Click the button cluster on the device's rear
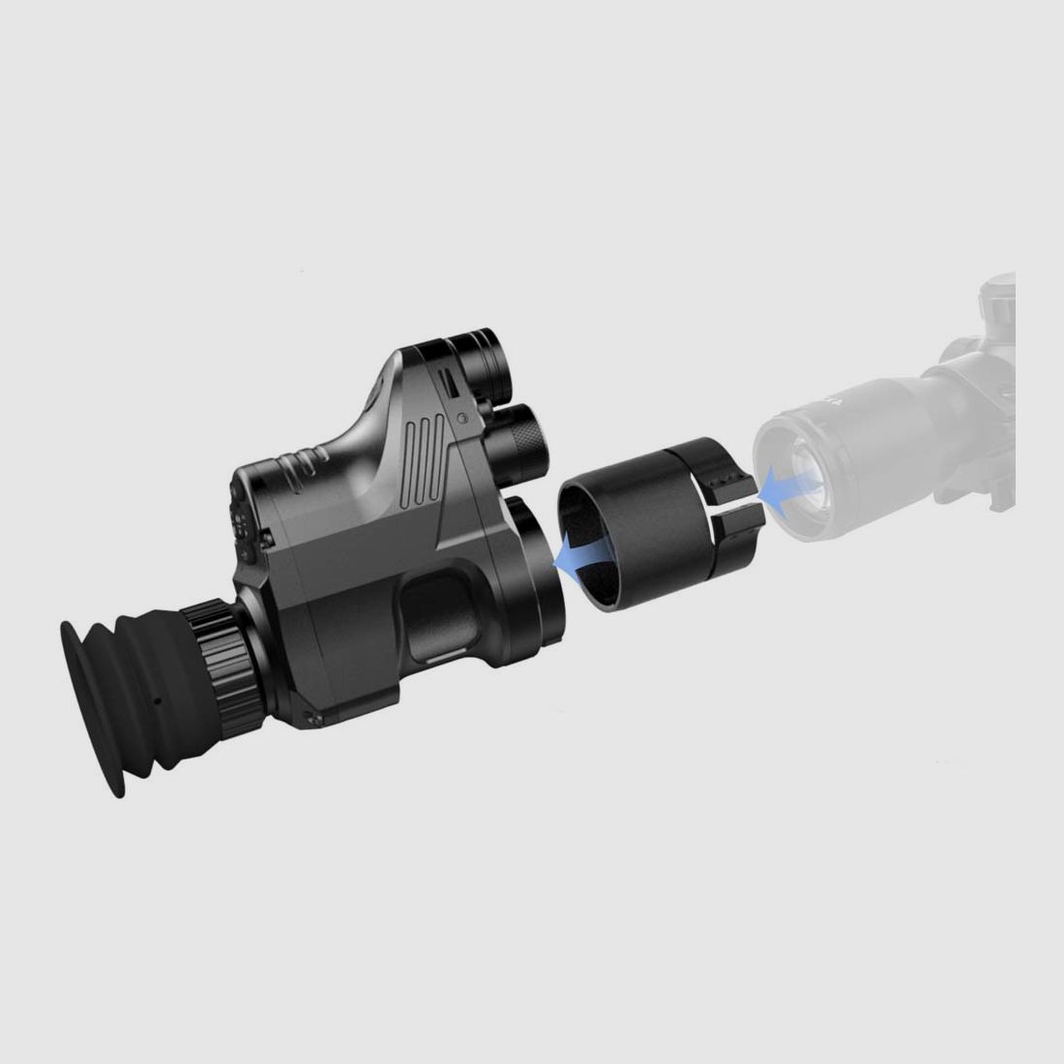coord(247,522)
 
